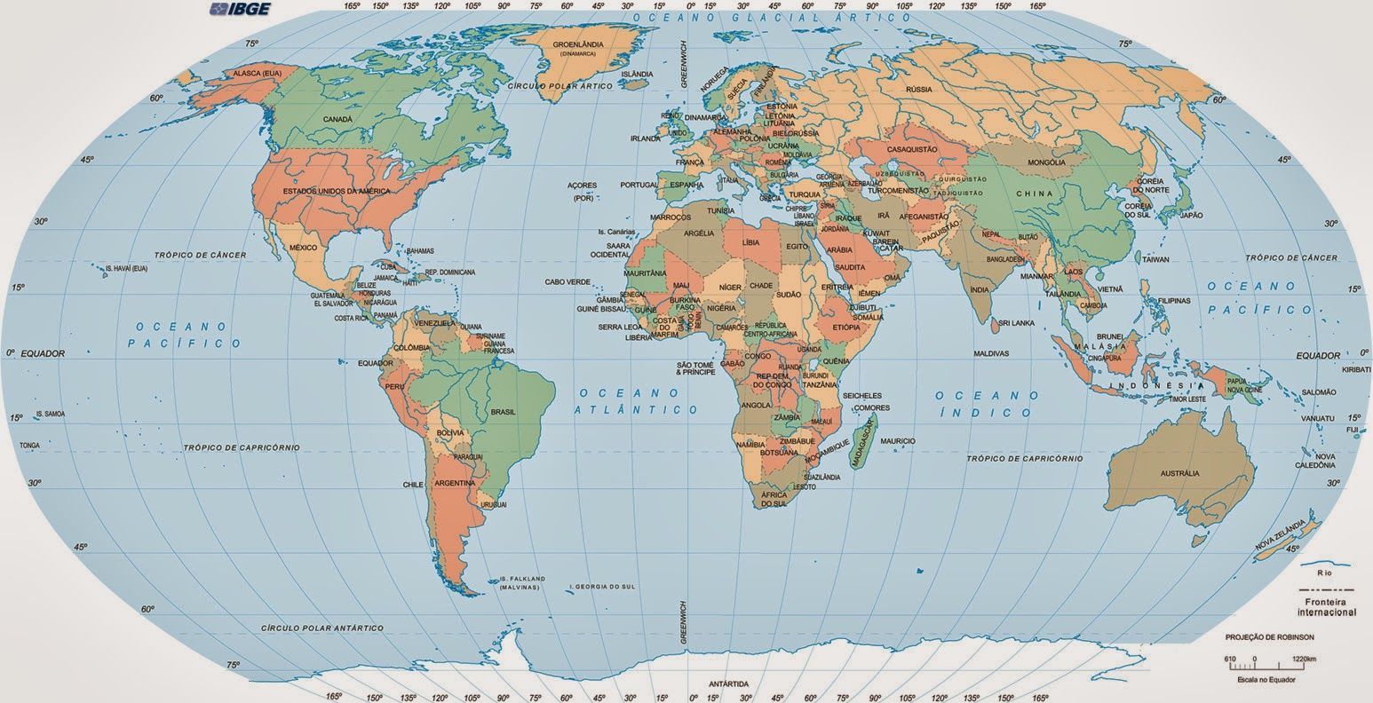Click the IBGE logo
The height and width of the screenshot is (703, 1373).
coord(239,10)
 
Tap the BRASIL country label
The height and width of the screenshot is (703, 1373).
coord(504,412)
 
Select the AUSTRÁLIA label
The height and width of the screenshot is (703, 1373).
coord(1179,474)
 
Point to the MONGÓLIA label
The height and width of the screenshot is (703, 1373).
coord(1045,163)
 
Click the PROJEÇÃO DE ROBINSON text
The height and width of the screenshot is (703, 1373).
coord(1269,637)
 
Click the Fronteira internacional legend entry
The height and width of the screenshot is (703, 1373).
coord(1326,608)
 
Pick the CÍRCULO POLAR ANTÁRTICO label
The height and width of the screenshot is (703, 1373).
coord(322,628)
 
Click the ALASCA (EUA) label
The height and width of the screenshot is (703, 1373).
coord(258,72)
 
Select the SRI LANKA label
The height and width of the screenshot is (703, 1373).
coord(1017,323)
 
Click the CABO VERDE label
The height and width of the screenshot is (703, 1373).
coord(567,282)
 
